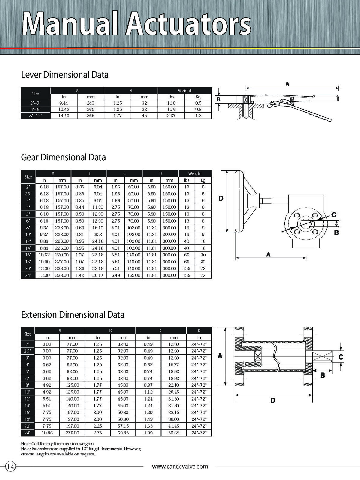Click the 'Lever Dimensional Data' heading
(65, 75)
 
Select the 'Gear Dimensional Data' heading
(63, 157)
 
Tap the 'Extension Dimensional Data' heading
(73, 315)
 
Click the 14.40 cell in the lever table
(64, 115)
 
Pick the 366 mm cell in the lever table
(91, 115)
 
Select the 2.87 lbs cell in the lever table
(171, 115)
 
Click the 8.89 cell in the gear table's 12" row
(44, 241)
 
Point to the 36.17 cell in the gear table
(98, 275)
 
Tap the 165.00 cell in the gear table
(133, 275)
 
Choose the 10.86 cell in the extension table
(47, 433)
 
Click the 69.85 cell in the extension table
(123, 433)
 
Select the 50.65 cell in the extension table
(174, 433)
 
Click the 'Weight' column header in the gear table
(195, 173)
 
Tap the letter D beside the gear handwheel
(221, 199)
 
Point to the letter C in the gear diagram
(334, 215)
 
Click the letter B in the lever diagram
(218, 99)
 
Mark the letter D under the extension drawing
(273, 400)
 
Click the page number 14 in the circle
(10, 466)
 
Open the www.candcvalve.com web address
(180, 466)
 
